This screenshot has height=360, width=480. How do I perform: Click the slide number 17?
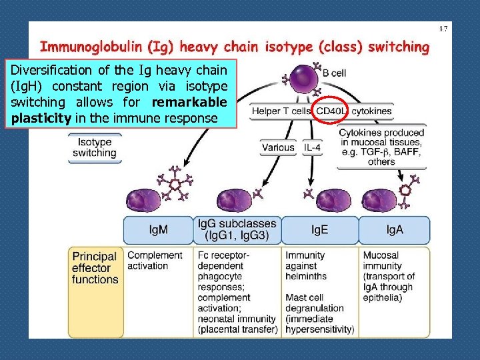coord(443,29)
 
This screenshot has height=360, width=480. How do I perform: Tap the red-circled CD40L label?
coord(331,111)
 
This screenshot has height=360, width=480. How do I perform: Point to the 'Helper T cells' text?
coord(282,111)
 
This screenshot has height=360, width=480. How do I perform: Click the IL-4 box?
coord(312,147)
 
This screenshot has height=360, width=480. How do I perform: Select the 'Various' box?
coord(278,147)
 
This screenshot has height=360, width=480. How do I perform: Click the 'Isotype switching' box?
coord(94,147)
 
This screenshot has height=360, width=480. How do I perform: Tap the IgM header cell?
coord(158,230)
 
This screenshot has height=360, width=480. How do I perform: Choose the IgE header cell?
coord(320,230)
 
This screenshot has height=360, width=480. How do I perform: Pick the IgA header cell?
coord(395,230)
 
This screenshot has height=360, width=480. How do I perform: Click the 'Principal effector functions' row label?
coord(95,268)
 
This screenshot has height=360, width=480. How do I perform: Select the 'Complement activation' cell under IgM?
coord(155,260)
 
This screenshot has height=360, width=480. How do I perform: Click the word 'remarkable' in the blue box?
coord(189,102)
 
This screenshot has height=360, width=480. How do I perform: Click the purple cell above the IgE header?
coord(333,201)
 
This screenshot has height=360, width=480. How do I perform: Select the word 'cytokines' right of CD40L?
coord(371,111)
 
